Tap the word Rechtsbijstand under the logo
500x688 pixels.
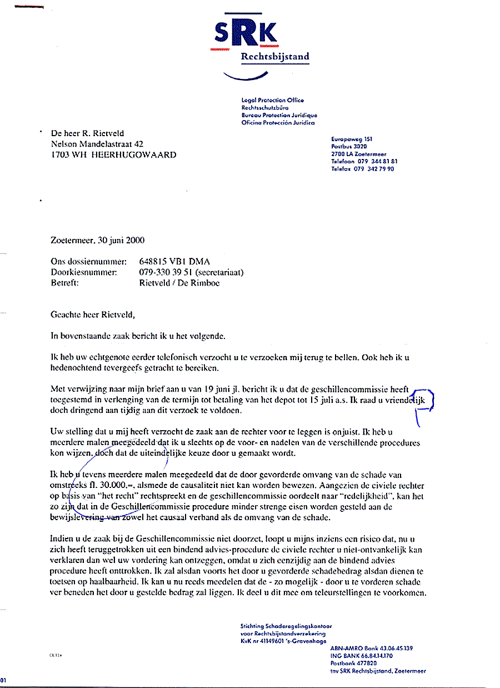coord(275,57)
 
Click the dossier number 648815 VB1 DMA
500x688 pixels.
coord(174,262)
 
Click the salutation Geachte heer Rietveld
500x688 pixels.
coord(93,315)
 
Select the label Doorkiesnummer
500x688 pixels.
coord(84,272)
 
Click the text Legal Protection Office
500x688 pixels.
coord(272,100)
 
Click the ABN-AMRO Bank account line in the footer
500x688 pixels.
coord(371,648)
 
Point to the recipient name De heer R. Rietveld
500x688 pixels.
coord(87,133)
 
